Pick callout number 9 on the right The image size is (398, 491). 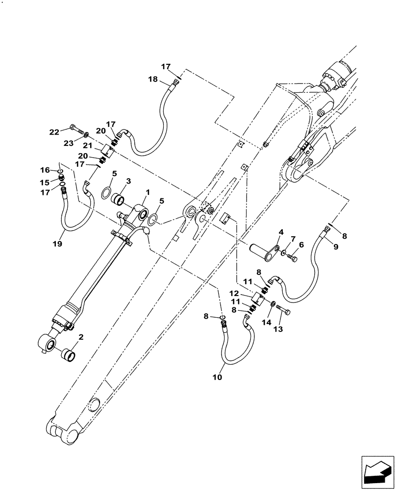pos(335,247)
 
